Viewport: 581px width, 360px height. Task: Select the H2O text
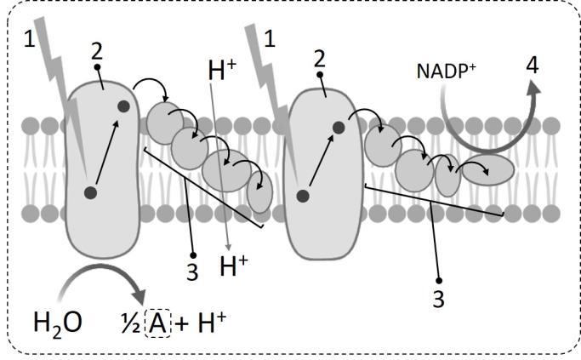tap(57, 323)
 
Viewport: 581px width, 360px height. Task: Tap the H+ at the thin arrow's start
tap(221, 71)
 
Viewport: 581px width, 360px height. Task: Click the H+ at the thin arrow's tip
tap(233, 266)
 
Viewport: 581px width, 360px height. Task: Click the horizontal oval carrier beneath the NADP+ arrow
tap(487, 169)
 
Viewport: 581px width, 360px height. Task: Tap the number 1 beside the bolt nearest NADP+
tap(270, 37)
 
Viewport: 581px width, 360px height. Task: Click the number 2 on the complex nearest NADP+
tap(320, 59)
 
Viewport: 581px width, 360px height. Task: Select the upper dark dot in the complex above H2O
tap(124, 106)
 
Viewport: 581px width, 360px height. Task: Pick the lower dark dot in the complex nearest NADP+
tap(302, 196)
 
